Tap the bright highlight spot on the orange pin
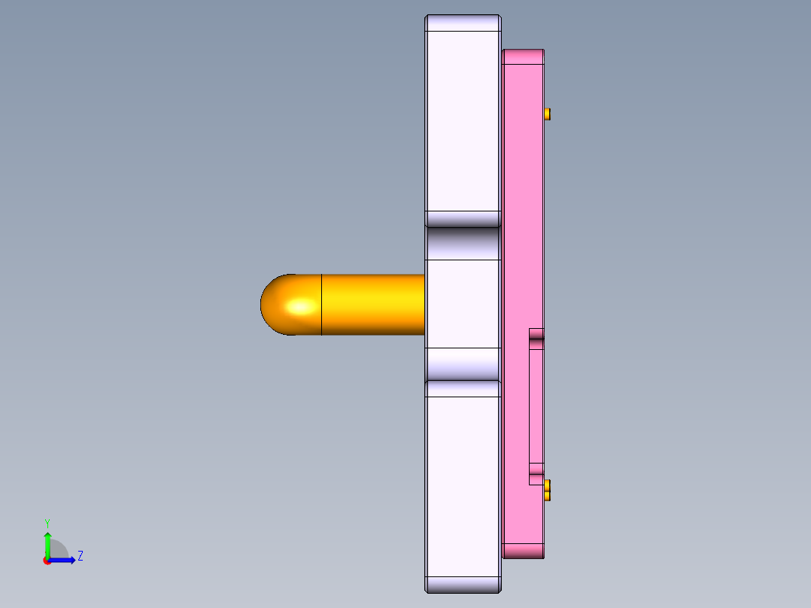pos(302,306)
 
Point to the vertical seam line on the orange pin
pos(322,305)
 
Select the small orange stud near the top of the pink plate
pos(547,114)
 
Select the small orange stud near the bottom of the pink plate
pos(547,490)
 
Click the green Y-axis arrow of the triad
pos(47,543)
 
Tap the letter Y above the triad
pos(47,522)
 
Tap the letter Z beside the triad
pos(80,556)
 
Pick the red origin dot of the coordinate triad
pos(47,561)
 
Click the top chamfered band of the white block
pos(463,23)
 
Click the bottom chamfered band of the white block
pos(463,585)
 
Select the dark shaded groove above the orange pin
pos(463,243)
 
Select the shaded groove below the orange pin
pos(463,364)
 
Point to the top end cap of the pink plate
pos(523,56)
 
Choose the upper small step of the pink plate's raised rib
pos(536,339)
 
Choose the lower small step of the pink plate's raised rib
pos(536,473)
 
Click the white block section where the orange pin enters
pos(463,304)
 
